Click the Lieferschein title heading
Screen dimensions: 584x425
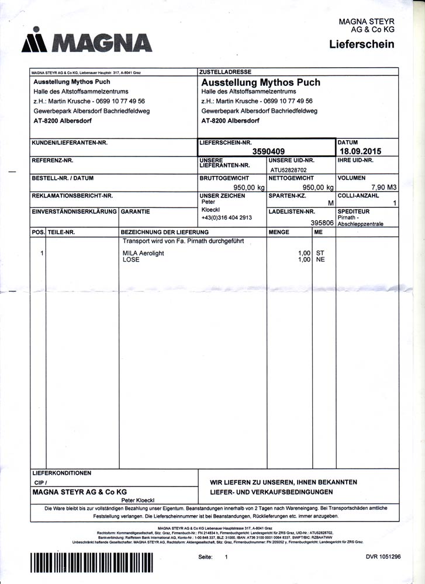click(361, 44)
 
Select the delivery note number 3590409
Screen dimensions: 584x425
click(268, 151)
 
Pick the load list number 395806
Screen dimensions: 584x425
click(322, 223)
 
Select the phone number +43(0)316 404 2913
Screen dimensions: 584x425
click(226, 217)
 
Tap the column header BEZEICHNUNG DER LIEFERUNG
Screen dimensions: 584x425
click(157, 232)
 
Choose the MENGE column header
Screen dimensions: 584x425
click(279, 232)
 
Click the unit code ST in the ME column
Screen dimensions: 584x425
click(320, 253)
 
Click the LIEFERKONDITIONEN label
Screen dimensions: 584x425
click(61, 472)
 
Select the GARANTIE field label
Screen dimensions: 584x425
click(136, 211)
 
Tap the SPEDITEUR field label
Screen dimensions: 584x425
click(354, 211)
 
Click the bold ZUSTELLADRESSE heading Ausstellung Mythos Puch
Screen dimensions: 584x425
click(261, 82)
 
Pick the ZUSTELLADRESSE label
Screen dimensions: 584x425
click(222, 72)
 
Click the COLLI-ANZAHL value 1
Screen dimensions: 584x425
click(395, 203)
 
